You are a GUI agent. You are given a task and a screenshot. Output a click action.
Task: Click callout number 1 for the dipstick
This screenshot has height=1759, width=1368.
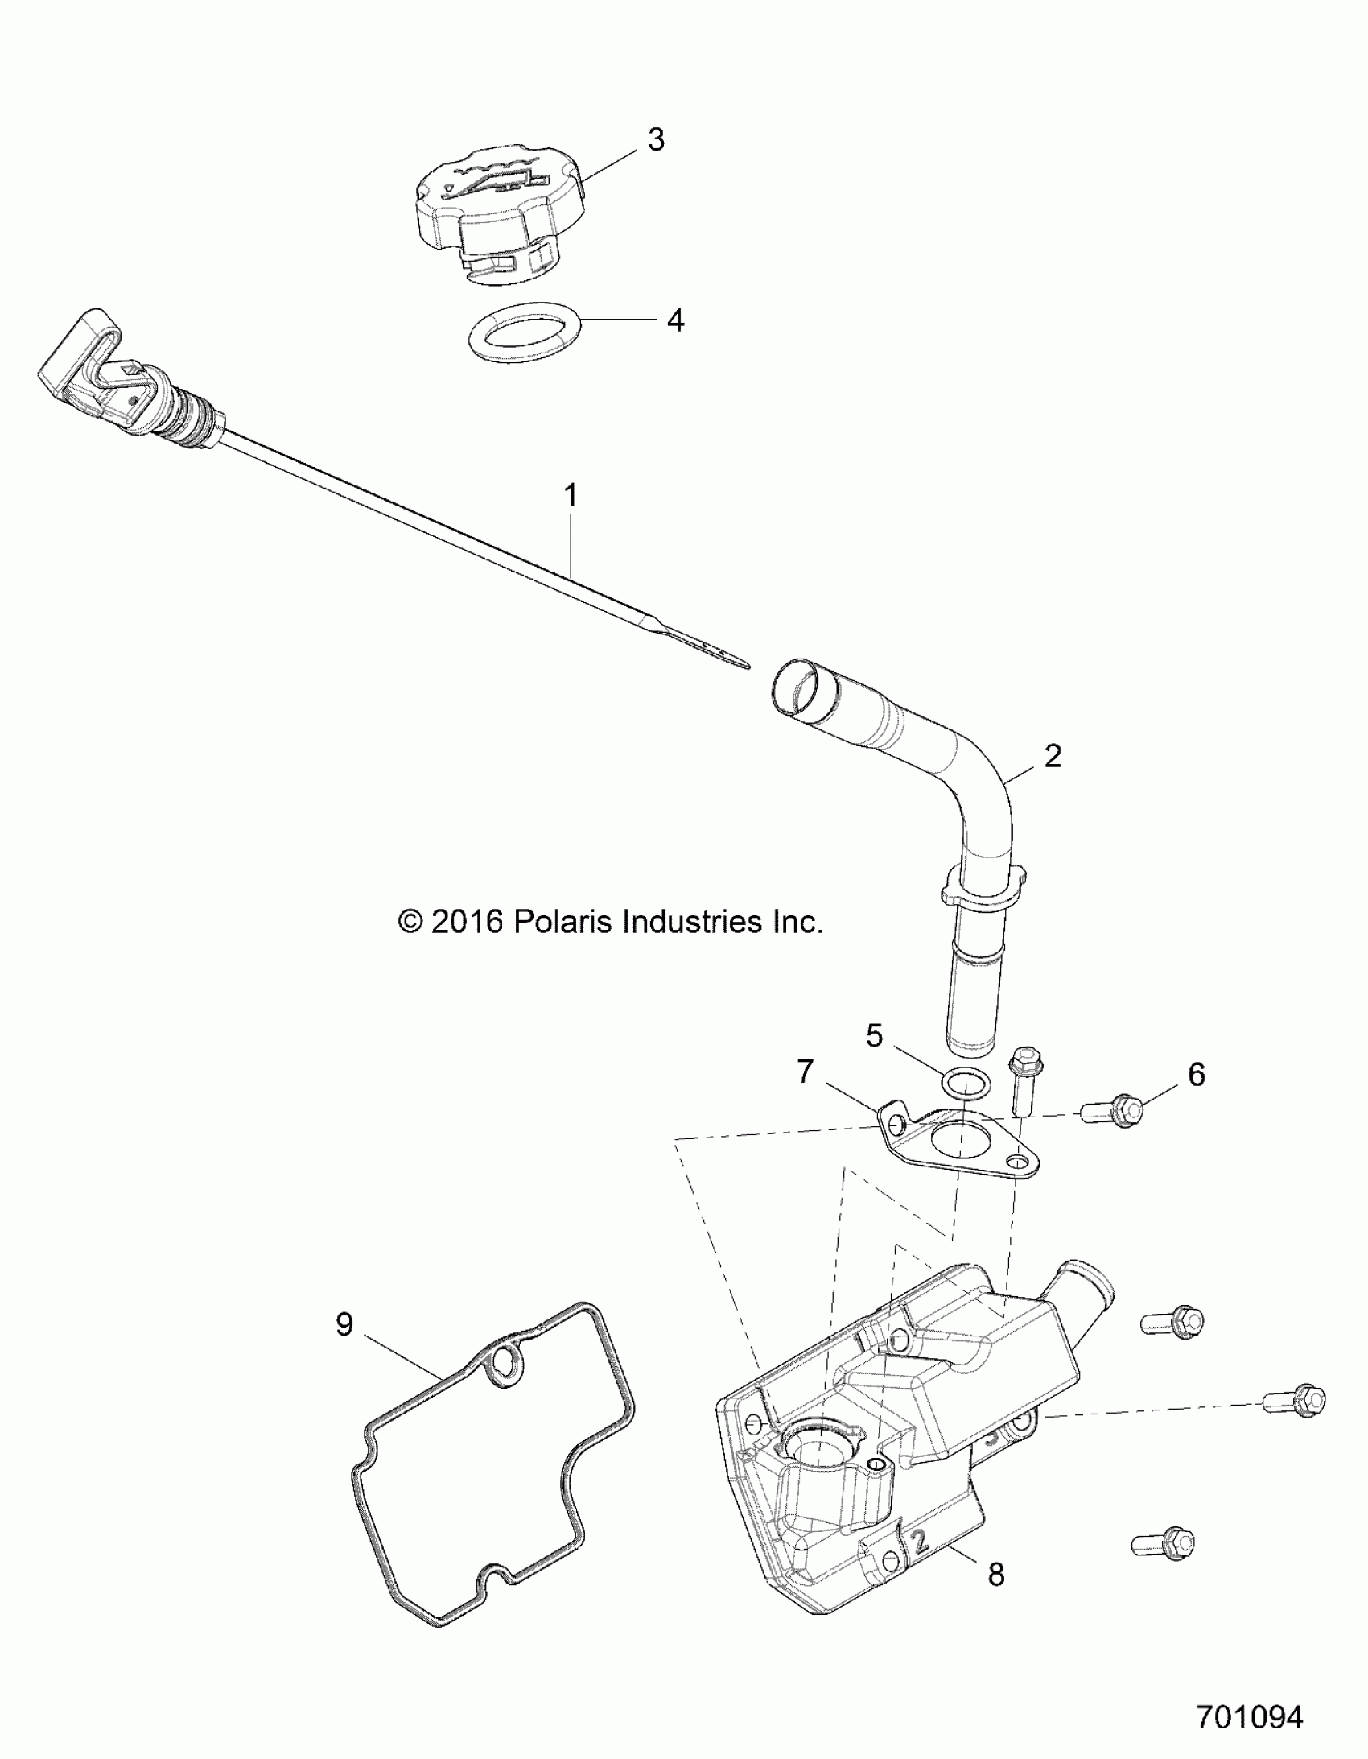(x=570, y=495)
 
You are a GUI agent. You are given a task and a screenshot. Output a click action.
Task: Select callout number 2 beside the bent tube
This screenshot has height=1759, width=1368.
(x=1053, y=755)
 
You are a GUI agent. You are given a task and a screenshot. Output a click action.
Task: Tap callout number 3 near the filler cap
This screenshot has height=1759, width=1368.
(x=656, y=139)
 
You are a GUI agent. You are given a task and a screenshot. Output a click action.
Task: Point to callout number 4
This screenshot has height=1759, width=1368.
(x=674, y=320)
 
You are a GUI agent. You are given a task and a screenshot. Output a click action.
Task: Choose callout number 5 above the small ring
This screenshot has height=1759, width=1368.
(x=876, y=1035)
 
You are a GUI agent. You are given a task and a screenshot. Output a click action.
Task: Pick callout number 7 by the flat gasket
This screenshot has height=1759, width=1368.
(x=806, y=1072)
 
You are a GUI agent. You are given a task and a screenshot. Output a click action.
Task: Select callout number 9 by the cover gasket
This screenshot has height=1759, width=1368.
(x=344, y=1324)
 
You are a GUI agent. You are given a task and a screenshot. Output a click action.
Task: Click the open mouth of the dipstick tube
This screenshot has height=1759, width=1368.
(x=801, y=688)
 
